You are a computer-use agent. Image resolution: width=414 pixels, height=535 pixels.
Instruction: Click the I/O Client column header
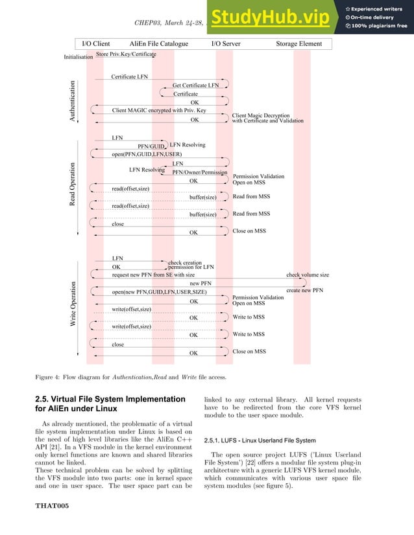95,44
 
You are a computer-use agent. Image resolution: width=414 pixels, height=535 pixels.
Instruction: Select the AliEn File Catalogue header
159,44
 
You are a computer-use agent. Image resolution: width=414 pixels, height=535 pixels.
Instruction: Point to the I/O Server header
226,44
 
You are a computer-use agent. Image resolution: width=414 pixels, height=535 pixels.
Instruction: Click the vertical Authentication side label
73,100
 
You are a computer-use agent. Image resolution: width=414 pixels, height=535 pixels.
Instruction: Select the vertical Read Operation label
73,185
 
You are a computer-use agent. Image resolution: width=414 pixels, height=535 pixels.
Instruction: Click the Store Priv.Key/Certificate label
126,54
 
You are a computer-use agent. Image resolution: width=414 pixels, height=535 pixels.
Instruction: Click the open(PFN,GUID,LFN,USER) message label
146,154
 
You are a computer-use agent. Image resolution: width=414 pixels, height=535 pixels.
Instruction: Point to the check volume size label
308,275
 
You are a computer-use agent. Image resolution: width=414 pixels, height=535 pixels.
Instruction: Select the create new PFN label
304,291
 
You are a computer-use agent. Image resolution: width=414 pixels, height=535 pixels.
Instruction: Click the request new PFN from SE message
153,275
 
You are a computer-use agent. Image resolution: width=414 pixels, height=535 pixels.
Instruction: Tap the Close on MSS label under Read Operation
249,231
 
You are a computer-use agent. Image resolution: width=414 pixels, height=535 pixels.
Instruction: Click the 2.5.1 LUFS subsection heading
260,440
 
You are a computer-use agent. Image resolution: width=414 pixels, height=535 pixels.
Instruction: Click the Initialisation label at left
78,57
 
